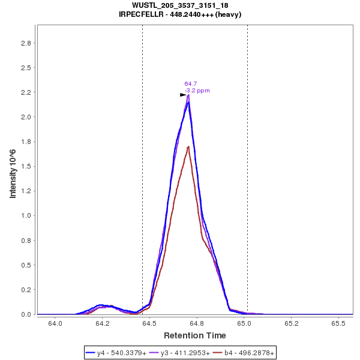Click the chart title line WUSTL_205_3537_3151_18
[x=180, y=5]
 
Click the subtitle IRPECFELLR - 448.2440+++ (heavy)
[x=180, y=14]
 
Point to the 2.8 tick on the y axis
[x=26, y=43]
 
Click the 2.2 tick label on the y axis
[x=26, y=92]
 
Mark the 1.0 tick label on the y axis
[x=26, y=216]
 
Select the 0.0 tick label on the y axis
[x=26, y=314]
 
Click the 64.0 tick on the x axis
[x=55, y=324]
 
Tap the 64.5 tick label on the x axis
[x=149, y=324]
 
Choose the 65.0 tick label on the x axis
[x=244, y=324]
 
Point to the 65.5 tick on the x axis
[x=338, y=324]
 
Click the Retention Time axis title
[x=195, y=335]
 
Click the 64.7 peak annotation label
[x=191, y=84]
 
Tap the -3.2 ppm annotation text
[x=197, y=91]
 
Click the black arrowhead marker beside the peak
[x=183, y=95]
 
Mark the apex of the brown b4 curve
[x=188, y=146]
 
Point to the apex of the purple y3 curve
[x=188, y=95]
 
